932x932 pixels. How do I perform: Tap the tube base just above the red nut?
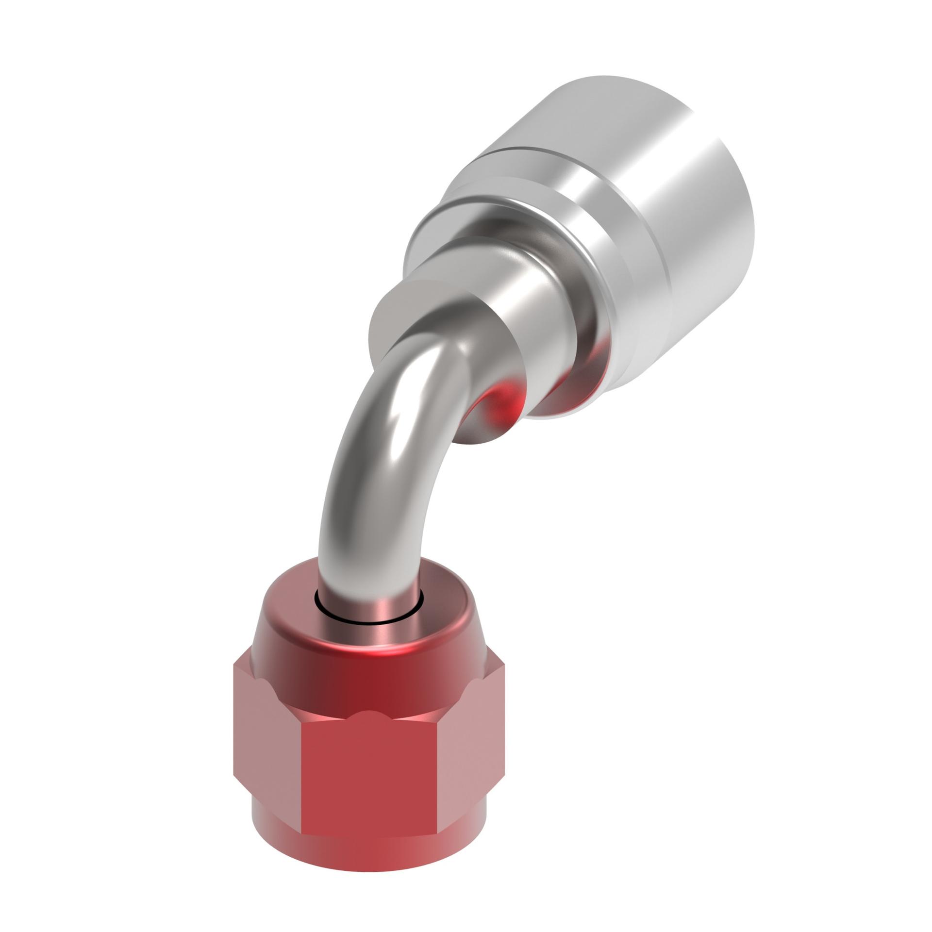[369, 597]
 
